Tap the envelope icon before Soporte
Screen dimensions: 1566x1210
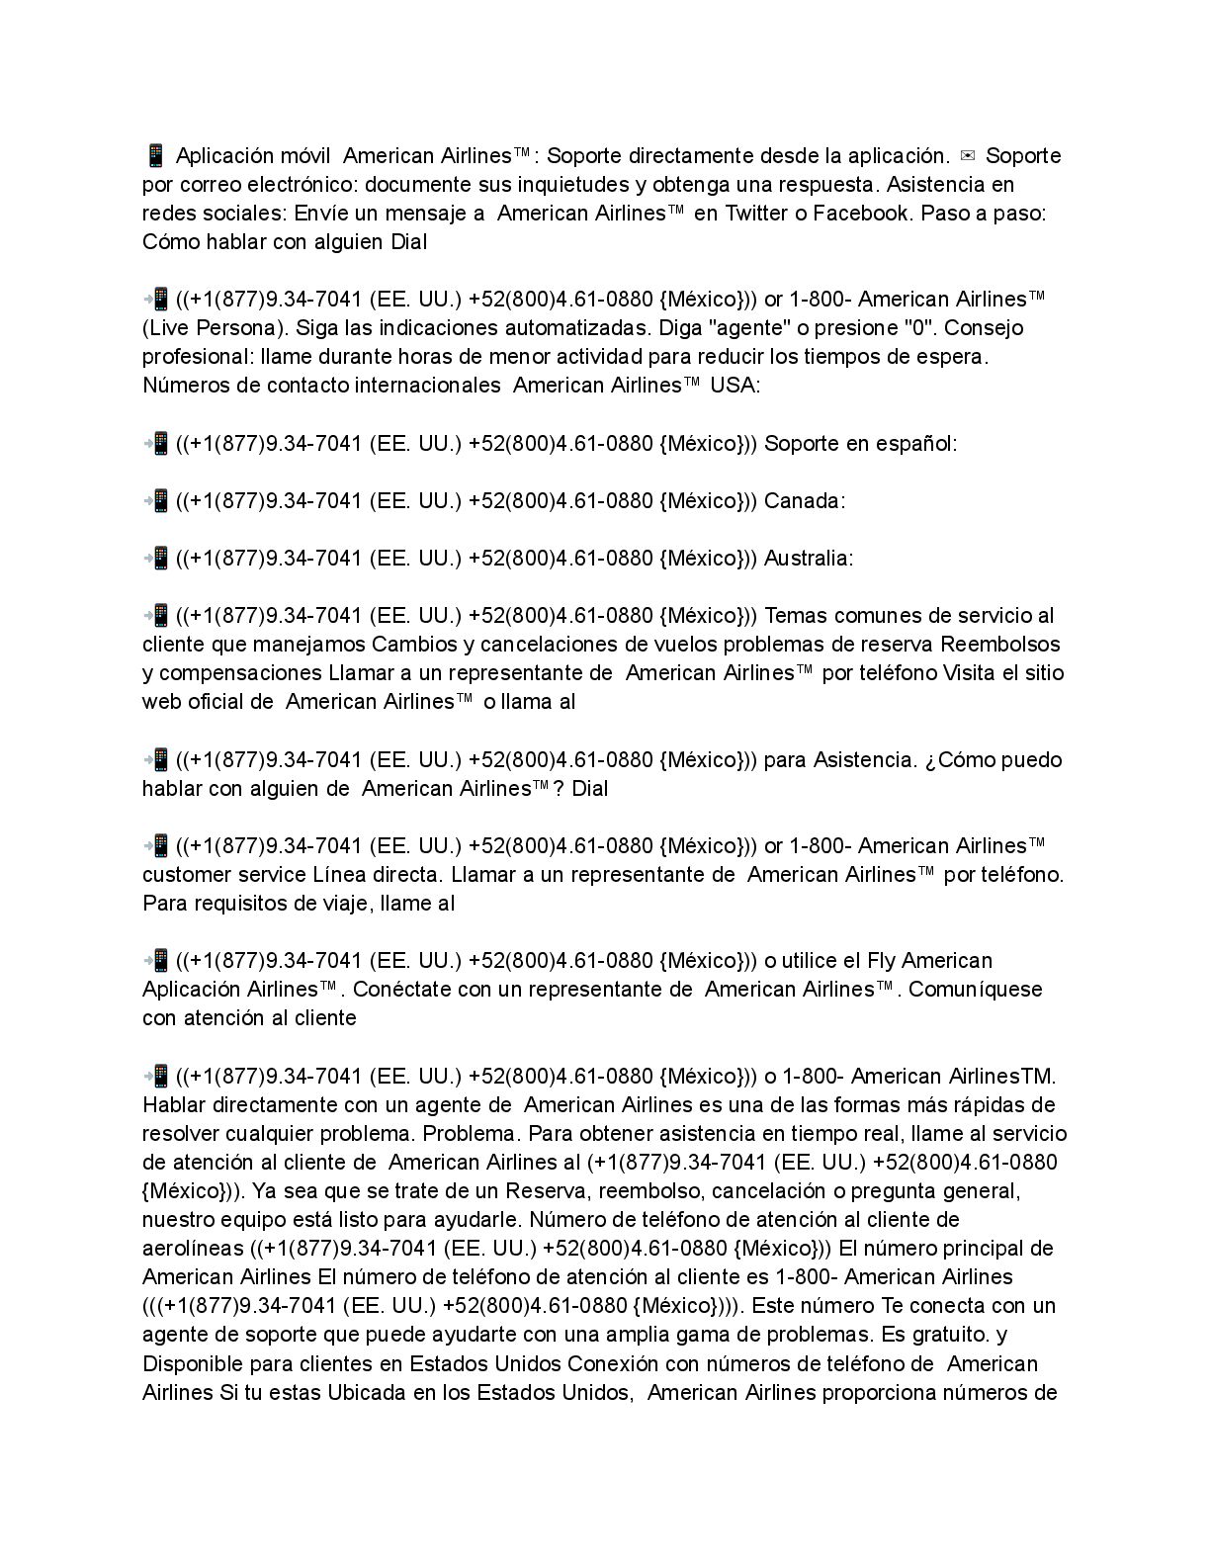(x=967, y=155)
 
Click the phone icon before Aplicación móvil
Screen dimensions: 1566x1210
(x=154, y=155)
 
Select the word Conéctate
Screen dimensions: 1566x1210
(x=402, y=990)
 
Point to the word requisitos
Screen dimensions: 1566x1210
(x=223, y=904)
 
